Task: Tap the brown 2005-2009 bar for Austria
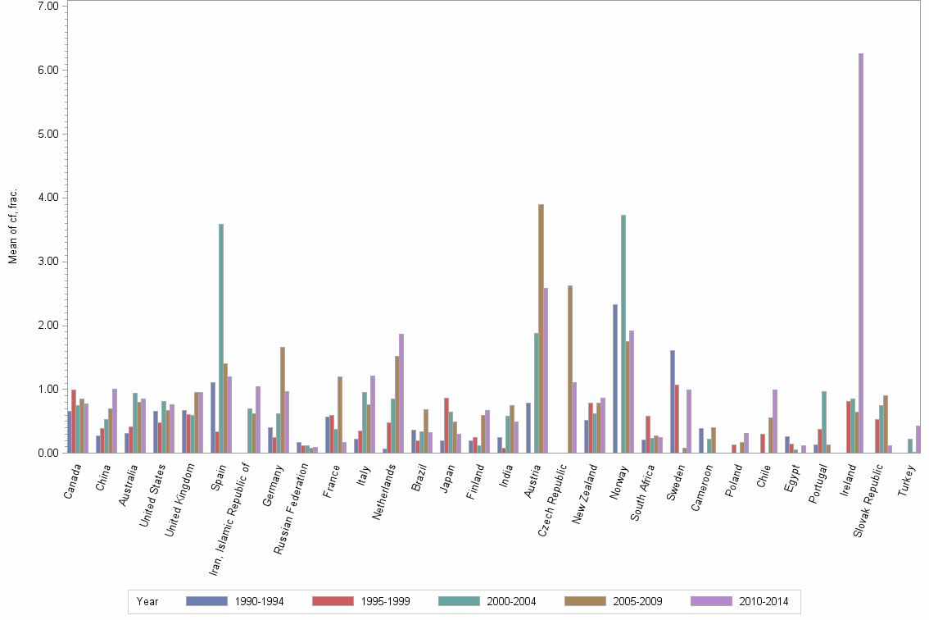pyautogui.click(x=541, y=328)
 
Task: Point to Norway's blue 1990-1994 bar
pyautogui.click(x=615, y=378)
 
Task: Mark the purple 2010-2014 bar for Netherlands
pyautogui.click(x=401, y=393)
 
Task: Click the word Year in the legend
pyautogui.click(x=147, y=602)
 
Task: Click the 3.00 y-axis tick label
pyautogui.click(x=48, y=262)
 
